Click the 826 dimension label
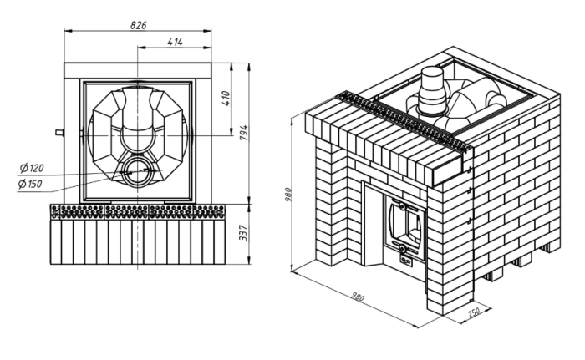click(x=139, y=25)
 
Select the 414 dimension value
click(x=175, y=42)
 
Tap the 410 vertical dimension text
click(x=226, y=99)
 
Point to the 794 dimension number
click(x=244, y=133)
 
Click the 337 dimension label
click(x=244, y=233)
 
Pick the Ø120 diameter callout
click(x=32, y=168)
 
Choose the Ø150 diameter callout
click(x=30, y=184)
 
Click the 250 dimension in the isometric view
click(x=474, y=312)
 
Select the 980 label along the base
click(x=358, y=297)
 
